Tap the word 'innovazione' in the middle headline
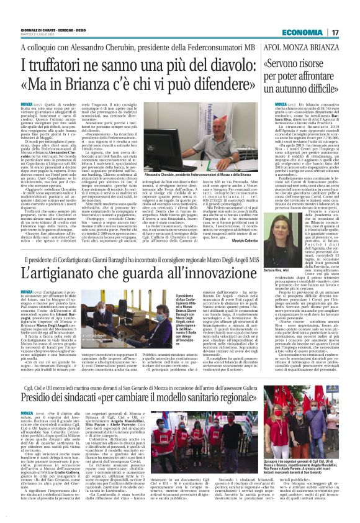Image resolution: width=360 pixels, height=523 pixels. tap(210, 274)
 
